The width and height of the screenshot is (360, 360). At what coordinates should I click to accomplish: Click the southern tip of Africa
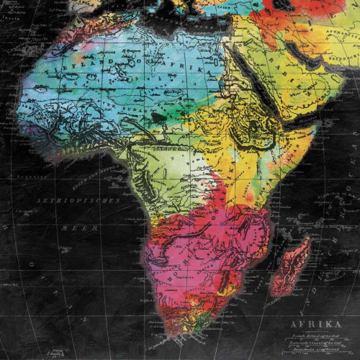click(173, 337)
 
